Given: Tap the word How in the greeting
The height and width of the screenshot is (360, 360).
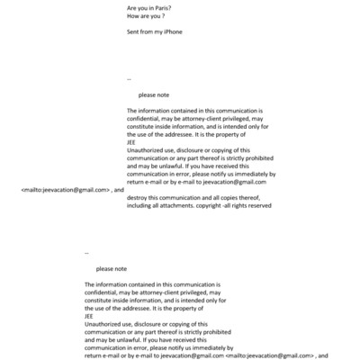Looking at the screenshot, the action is pyautogui.click(x=133, y=17).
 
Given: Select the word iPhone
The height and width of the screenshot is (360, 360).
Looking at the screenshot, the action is pyautogui.click(x=172, y=32).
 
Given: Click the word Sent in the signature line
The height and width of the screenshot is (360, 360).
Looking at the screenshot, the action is pyautogui.click(x=134, y=32).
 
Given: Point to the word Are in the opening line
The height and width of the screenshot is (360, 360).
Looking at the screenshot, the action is pyautogui.click(x=132, y=8).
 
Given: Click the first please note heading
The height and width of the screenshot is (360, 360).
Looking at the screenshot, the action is pyautogui.click(x=153, y=94).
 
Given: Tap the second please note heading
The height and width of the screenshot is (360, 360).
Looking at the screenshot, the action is pyautogui.click(x=111, y=268).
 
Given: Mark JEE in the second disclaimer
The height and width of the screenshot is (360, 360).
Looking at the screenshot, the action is pyautogui.click(x=89, y=316).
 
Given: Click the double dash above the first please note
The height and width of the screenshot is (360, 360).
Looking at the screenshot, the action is pyautogui.click(x=130, y=79).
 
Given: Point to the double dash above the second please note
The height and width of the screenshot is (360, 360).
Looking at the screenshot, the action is pyautogui.click(x=87, y=253).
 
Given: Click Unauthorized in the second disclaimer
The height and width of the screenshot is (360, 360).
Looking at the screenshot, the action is pyautogui.click(x=104, y=324).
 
